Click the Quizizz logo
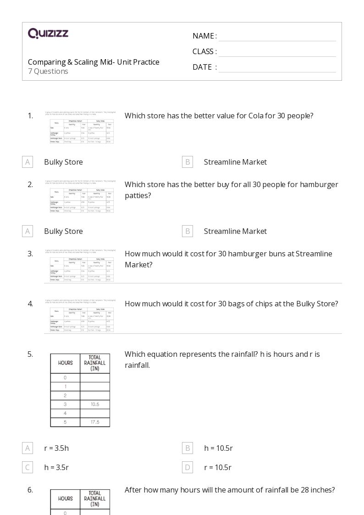pyautogui.click(x=48, y=33)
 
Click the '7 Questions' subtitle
pyautogui.click(x=48, y=72)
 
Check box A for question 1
pyautogui.click(x=28, y=162)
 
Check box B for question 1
pyautogui.click(x=187, y=162)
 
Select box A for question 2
pyautogui.click(x=28, y=231)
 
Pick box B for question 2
pyautogui.click(x=187, y=231)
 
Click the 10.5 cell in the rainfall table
pyautogui.click(x=95, y=404)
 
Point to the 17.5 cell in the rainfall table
pyautogui.click(x=95, y=422)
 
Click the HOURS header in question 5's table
pyautogui.click(x=65, y=363)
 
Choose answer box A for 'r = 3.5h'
pyautogui.click(x=28, y=448)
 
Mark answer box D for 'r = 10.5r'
pyautogui.click(x=187, y=467)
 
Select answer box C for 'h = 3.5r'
pyautogui.click(x=28, y=467)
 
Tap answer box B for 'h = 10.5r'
pyautogui.click(x=187, y=448)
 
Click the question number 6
pyautogui.click(x=30, y=490)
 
